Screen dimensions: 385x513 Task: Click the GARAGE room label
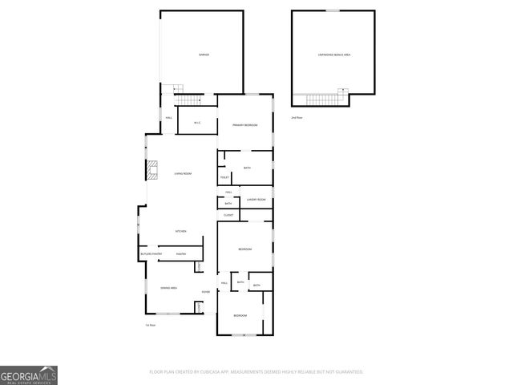tap(204, 55)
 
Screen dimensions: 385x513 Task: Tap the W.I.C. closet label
tap(196, 123)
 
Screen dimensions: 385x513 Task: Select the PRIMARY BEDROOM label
tap(244, 125)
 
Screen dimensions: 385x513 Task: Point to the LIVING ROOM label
tap(183, 173)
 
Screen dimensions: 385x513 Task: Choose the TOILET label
tap(224, 177)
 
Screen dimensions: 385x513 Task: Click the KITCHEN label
tap(181, 231)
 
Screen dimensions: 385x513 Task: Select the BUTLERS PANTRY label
tap(151, 254)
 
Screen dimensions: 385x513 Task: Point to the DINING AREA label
tap(168, 287)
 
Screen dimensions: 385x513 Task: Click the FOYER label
tap(206, 291)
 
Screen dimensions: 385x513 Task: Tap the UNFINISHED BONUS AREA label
tap(333, 55)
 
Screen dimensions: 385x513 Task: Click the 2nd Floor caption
tap(297, 118)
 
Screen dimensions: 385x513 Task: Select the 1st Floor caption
tap(150, 325)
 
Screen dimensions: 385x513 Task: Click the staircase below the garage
tap(188, 99)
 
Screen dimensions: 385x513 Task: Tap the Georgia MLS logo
tap(29, 375)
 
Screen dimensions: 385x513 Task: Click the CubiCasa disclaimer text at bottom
tap(256, 372)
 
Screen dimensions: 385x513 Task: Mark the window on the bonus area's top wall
tap(332, 10)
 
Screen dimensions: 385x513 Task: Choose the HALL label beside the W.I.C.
tap(168, 118)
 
